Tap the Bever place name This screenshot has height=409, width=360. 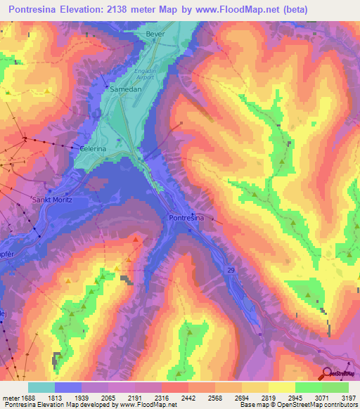(154, 34)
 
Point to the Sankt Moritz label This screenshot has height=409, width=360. (53, 200)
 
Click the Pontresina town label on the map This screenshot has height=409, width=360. (187, 219)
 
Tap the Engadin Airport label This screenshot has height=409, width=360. (146, 75)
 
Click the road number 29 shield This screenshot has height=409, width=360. (231, 268)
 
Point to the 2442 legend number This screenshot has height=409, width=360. (188, 397)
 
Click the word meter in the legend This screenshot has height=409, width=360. (10, 397)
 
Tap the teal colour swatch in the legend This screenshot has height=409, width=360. (41, 387)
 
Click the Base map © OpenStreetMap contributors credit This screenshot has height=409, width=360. (297, 405)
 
